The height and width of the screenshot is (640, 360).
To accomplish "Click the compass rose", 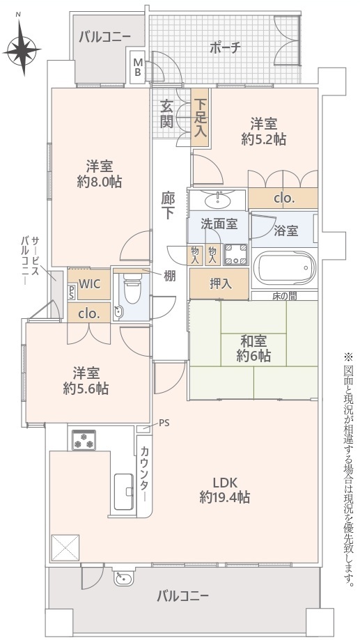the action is pos(22,50).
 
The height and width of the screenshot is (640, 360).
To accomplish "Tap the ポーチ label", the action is pos(225,48).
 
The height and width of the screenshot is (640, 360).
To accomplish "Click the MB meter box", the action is pos(138,68).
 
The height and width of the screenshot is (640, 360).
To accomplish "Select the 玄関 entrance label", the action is pos(166,114).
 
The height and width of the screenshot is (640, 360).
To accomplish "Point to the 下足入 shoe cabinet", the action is pos(201,118).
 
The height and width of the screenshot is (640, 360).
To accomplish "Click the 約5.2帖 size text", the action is pos(263,139).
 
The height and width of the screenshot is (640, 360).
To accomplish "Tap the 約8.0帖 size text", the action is pos(99,182).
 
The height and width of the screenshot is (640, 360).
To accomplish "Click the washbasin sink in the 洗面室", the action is pos(217,200).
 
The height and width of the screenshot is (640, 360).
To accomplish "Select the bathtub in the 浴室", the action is pos(285,269).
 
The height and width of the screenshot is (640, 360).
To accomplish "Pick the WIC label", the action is pos(89,284).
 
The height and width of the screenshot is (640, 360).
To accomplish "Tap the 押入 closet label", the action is pos(220,284).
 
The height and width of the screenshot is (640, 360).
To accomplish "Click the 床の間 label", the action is pos(285,296).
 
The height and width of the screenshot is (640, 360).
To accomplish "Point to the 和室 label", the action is pos(253,341).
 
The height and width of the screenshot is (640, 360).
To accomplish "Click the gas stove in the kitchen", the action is pos(84,440).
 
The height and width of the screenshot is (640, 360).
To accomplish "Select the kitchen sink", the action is pos(124,492).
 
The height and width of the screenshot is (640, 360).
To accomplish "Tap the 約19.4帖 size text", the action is pos(225,497).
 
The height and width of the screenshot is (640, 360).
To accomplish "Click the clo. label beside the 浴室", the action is pos(284,198).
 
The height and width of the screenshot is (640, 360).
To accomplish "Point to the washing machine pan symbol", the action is pos(236,254).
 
